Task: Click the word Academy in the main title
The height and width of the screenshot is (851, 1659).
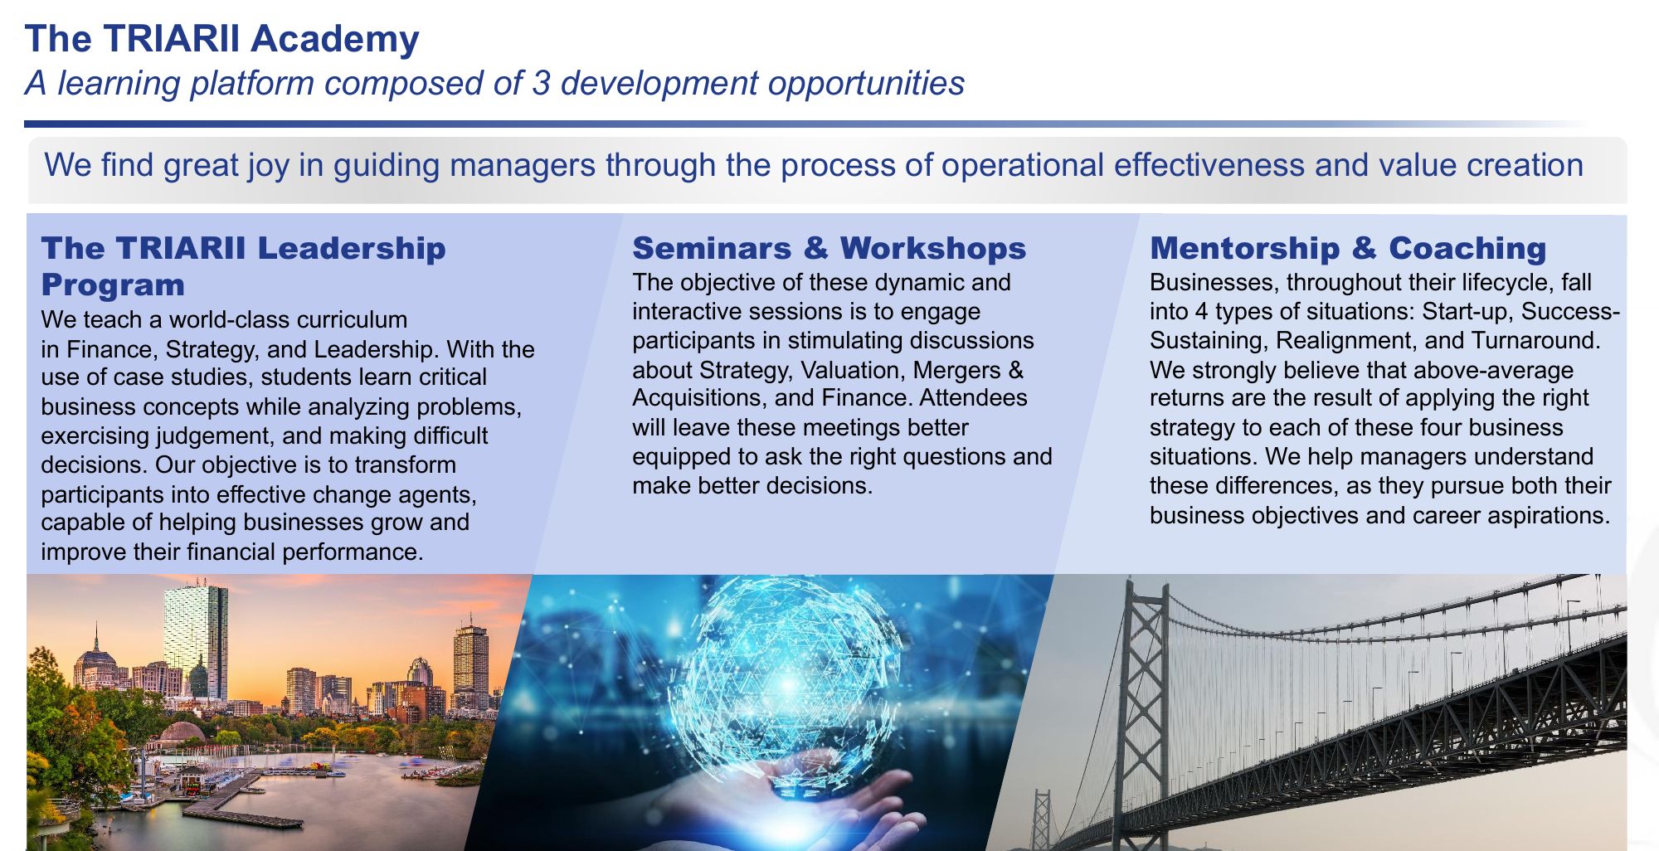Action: point(335,40)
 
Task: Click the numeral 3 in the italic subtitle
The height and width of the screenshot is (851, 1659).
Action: point(542,83)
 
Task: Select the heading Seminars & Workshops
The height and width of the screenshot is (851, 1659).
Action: point(829,248)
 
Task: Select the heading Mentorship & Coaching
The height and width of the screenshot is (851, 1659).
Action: point(1348,248)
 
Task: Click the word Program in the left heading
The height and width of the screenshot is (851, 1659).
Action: point(113,284)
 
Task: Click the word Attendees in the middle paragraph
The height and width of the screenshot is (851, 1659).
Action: point(973,398)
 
